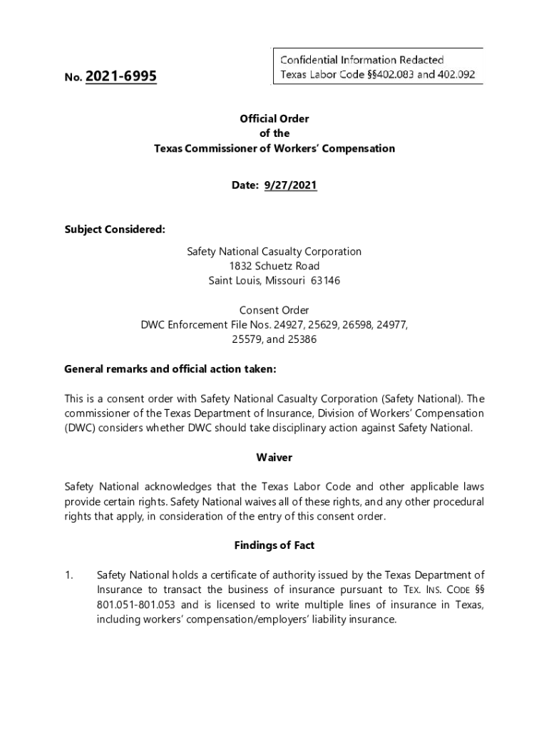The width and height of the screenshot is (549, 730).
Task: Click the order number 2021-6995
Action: click(x=120, y=76)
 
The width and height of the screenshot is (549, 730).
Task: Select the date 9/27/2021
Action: click(x=291, y=185)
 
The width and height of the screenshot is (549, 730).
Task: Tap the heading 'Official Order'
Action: click(x=274, y=119)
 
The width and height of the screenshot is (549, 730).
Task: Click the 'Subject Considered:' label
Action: click(x=115, y=229)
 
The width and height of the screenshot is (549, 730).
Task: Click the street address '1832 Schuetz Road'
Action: click(x=274, y=266)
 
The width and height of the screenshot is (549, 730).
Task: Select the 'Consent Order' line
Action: click(x=274, y=310)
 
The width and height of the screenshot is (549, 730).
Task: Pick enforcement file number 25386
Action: click(x=302, y=339)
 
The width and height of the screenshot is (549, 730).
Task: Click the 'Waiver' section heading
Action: click(x=274, y=457)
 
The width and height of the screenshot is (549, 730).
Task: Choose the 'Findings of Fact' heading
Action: click(x=274, y=545)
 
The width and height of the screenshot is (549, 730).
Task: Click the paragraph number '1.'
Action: click(x=69, y=575)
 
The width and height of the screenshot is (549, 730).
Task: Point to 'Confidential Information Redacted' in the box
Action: click(x=362, y=60)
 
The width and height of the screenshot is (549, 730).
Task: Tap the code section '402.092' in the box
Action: click(x=457, y=74)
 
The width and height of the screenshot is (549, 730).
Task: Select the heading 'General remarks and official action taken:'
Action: click(x=170, y=369)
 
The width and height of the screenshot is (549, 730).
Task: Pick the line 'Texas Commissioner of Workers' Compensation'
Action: click(x=274, y=148)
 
